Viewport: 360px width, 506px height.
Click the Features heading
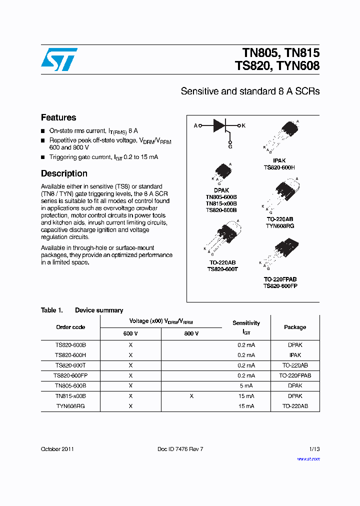(x=58, y=117)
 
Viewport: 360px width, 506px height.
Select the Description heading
(x=64, y=173)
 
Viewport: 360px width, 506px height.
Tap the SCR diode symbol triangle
(x=219, y=125)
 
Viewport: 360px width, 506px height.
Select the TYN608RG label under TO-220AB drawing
(x=280, y=226)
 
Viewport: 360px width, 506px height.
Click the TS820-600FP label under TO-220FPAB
(x=280, y=286)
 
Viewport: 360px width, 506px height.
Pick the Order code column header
(x=70, y=327)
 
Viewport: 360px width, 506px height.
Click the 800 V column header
(x=191, y=333)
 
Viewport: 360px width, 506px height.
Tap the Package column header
(x=295, y=327)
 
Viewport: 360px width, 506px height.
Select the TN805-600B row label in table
(x=70, y=385)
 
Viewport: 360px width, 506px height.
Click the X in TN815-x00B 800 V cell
(x=191, y=396)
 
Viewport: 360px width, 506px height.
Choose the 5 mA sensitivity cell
(x=246, y=385)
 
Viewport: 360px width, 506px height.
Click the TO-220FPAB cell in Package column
(x=295, y=375)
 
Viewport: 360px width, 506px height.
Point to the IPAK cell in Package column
(x=295, y=355)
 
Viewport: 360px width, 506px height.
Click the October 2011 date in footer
(x=57, y=449)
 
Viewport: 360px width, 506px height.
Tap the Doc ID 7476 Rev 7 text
(x=180, y=449)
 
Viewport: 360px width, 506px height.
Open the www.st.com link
(x=308, y=458)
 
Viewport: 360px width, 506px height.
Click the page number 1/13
(x=314, y=449)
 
